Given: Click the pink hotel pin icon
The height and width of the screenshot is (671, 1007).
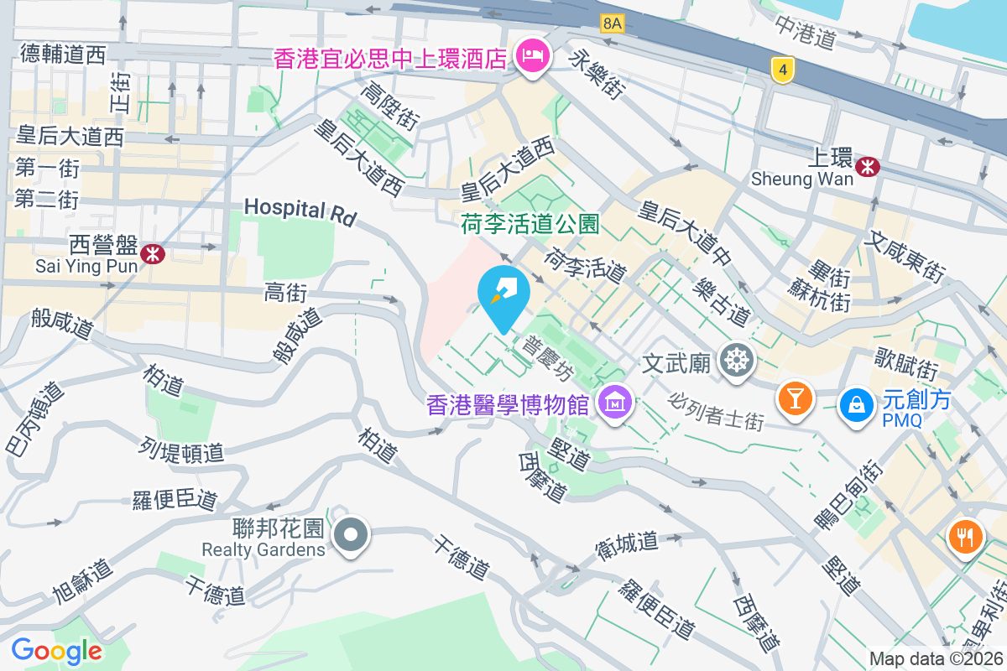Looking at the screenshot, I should (530, 57).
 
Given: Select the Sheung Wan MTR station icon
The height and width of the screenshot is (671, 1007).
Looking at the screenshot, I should (868, 166).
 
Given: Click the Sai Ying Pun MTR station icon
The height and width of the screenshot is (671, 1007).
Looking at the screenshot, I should (153, 253).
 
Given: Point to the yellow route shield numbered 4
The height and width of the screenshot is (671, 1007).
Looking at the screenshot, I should (782, 71).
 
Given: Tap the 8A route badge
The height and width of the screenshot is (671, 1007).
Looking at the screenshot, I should (612, 24).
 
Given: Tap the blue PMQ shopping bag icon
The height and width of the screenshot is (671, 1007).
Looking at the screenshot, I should (857, 403).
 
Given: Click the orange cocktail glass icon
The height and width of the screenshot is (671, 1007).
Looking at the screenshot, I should (795, 396).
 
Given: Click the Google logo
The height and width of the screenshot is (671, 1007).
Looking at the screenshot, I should (56, 651).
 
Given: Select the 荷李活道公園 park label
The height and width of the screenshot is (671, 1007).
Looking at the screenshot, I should (530, 224).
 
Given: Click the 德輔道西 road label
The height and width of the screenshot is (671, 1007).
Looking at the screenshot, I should (63, 55).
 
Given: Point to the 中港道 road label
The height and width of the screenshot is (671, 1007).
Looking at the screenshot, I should (806, 33).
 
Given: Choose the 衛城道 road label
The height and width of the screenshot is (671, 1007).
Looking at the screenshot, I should (628, 542).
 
